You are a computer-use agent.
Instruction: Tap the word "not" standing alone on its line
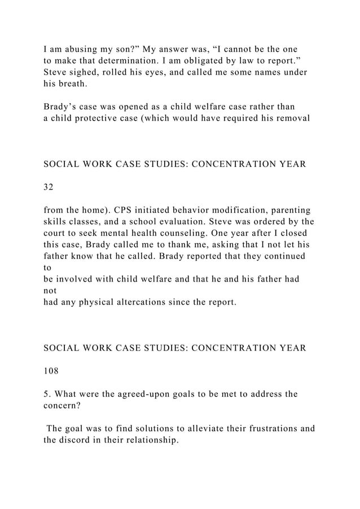coord(50,291)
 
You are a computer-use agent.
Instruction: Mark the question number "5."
coord(47,394)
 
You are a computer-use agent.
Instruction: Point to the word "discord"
coord(78,441)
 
